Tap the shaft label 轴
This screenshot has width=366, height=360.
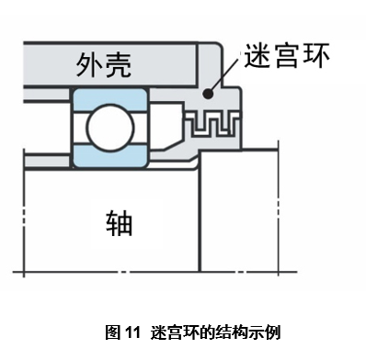119,220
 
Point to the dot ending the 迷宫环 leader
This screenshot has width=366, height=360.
212,93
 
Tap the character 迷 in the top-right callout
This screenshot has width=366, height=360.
257,57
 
